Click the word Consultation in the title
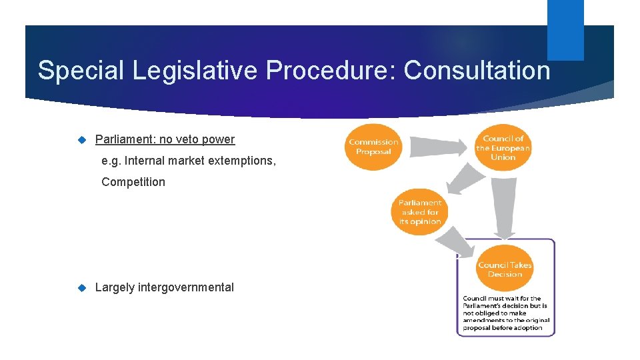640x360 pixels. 477,70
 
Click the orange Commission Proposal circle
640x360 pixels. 373,147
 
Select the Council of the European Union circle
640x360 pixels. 503,147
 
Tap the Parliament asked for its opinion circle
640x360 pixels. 420,212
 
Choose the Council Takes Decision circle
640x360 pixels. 505,269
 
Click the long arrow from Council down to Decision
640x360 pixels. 505,207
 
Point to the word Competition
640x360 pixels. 133,182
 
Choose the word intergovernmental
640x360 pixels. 185,287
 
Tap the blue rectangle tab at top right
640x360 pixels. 565,30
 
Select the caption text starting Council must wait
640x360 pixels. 505,313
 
